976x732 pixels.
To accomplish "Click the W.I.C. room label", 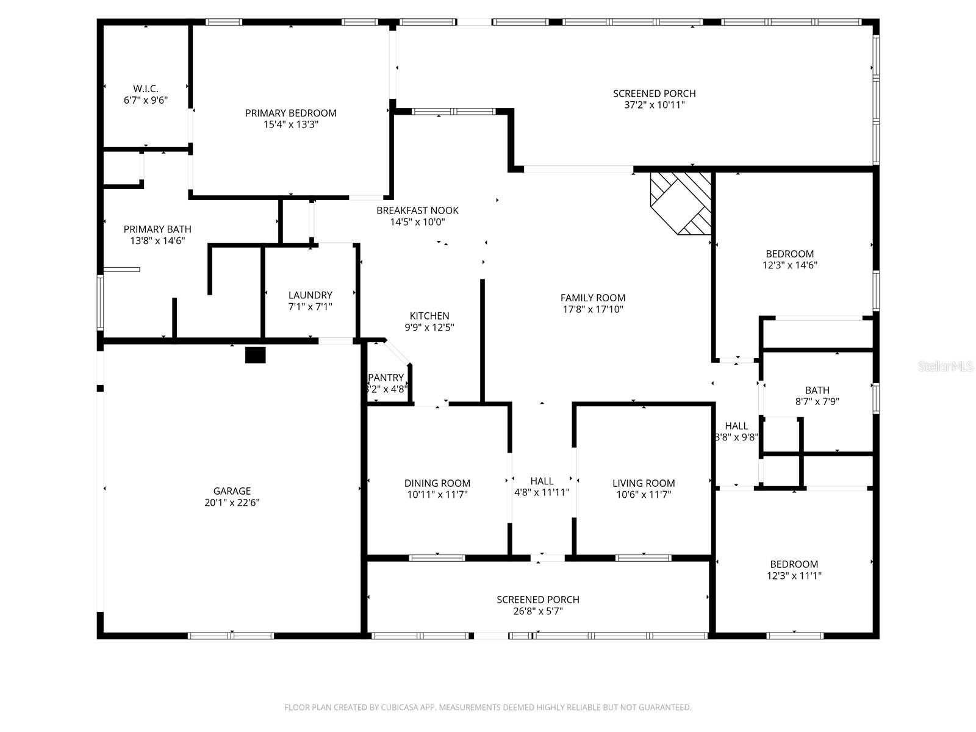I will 145,89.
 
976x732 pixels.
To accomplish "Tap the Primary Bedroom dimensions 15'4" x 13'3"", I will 291,124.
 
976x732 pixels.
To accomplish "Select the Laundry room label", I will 310,295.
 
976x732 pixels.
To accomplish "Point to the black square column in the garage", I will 255,355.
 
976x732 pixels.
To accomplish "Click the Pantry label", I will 386,378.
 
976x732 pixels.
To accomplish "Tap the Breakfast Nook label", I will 417,210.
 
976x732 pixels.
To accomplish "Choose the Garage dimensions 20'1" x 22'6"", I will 232,503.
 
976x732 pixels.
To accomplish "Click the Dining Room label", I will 437,483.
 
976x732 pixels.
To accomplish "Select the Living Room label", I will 644,483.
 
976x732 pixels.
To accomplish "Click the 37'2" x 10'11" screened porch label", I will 654,99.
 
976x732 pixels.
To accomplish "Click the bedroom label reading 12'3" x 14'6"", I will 789,259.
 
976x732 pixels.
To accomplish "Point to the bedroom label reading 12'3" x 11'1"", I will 794,570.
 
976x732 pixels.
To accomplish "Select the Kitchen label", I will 429,316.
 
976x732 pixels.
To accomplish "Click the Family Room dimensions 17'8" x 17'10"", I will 593,309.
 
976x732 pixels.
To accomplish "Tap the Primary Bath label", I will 157,229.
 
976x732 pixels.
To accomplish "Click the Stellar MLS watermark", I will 946,367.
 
